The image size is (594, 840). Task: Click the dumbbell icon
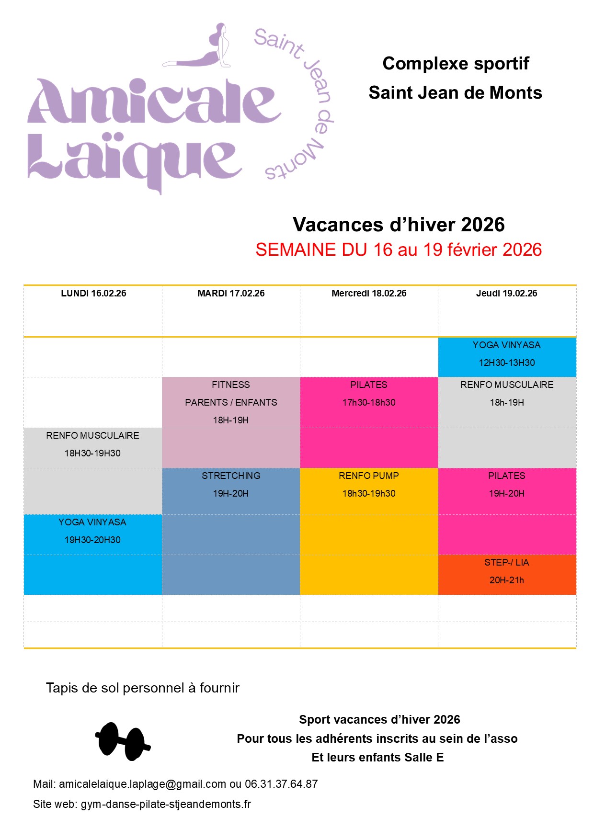tap(123, 741)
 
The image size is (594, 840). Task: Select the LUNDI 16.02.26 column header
tap(93, 294)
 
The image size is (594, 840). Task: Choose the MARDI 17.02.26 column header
tap(231, 294)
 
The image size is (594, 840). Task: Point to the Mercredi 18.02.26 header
tap(369, 294)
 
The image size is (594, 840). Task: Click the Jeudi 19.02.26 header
tap(506, 294)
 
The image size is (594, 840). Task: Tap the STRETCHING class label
tap(231, 476)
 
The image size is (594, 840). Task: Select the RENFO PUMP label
tap(369, 476)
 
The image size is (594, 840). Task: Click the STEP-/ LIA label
tap(506, 562)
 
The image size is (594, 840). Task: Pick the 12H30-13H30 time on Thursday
tap(506, 363)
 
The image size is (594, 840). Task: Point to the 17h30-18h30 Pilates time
tap(369, 402)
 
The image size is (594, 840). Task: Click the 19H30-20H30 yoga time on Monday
tap(92, 540)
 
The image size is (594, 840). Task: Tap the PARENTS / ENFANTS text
tap(231, 402)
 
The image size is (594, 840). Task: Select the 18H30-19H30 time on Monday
tap(92, 453)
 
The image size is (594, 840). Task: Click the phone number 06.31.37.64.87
tap(281, 784)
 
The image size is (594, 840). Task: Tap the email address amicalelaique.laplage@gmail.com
tap(142, 784)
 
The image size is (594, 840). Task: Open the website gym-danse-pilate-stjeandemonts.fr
tap(166, 804)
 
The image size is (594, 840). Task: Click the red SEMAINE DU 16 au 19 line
tap(399, 250)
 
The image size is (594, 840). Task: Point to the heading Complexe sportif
tap(456, 64)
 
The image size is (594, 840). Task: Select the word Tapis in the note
tap(61, 688)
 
